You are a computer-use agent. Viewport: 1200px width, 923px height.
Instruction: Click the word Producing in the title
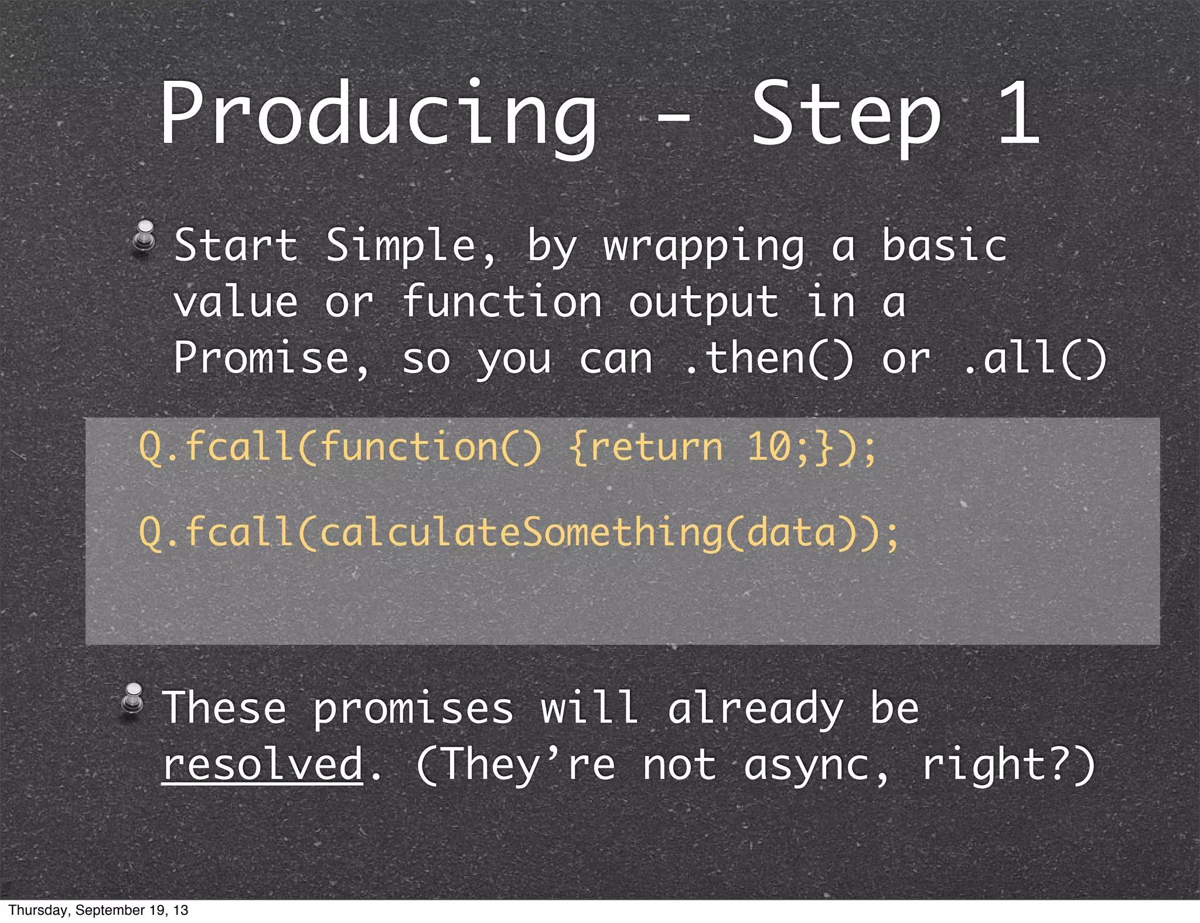(x=378, y=114)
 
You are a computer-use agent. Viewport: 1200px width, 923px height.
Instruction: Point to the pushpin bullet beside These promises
(x=133, y=700)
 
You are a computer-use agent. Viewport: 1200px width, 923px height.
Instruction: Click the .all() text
(x=1035, y=358)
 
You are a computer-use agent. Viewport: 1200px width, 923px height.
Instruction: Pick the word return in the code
(x=656, y=447)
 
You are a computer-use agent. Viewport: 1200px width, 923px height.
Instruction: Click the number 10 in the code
(x=769, y=447)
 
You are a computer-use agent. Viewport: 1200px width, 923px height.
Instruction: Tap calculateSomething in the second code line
(x=521, y=533)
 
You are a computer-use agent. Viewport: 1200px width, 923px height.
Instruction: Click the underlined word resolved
(x=262, y=764)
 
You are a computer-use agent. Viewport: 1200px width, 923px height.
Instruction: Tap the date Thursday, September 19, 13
(x=98, y=910)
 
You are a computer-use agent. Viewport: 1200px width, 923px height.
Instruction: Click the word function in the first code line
(x=410, y=447)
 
